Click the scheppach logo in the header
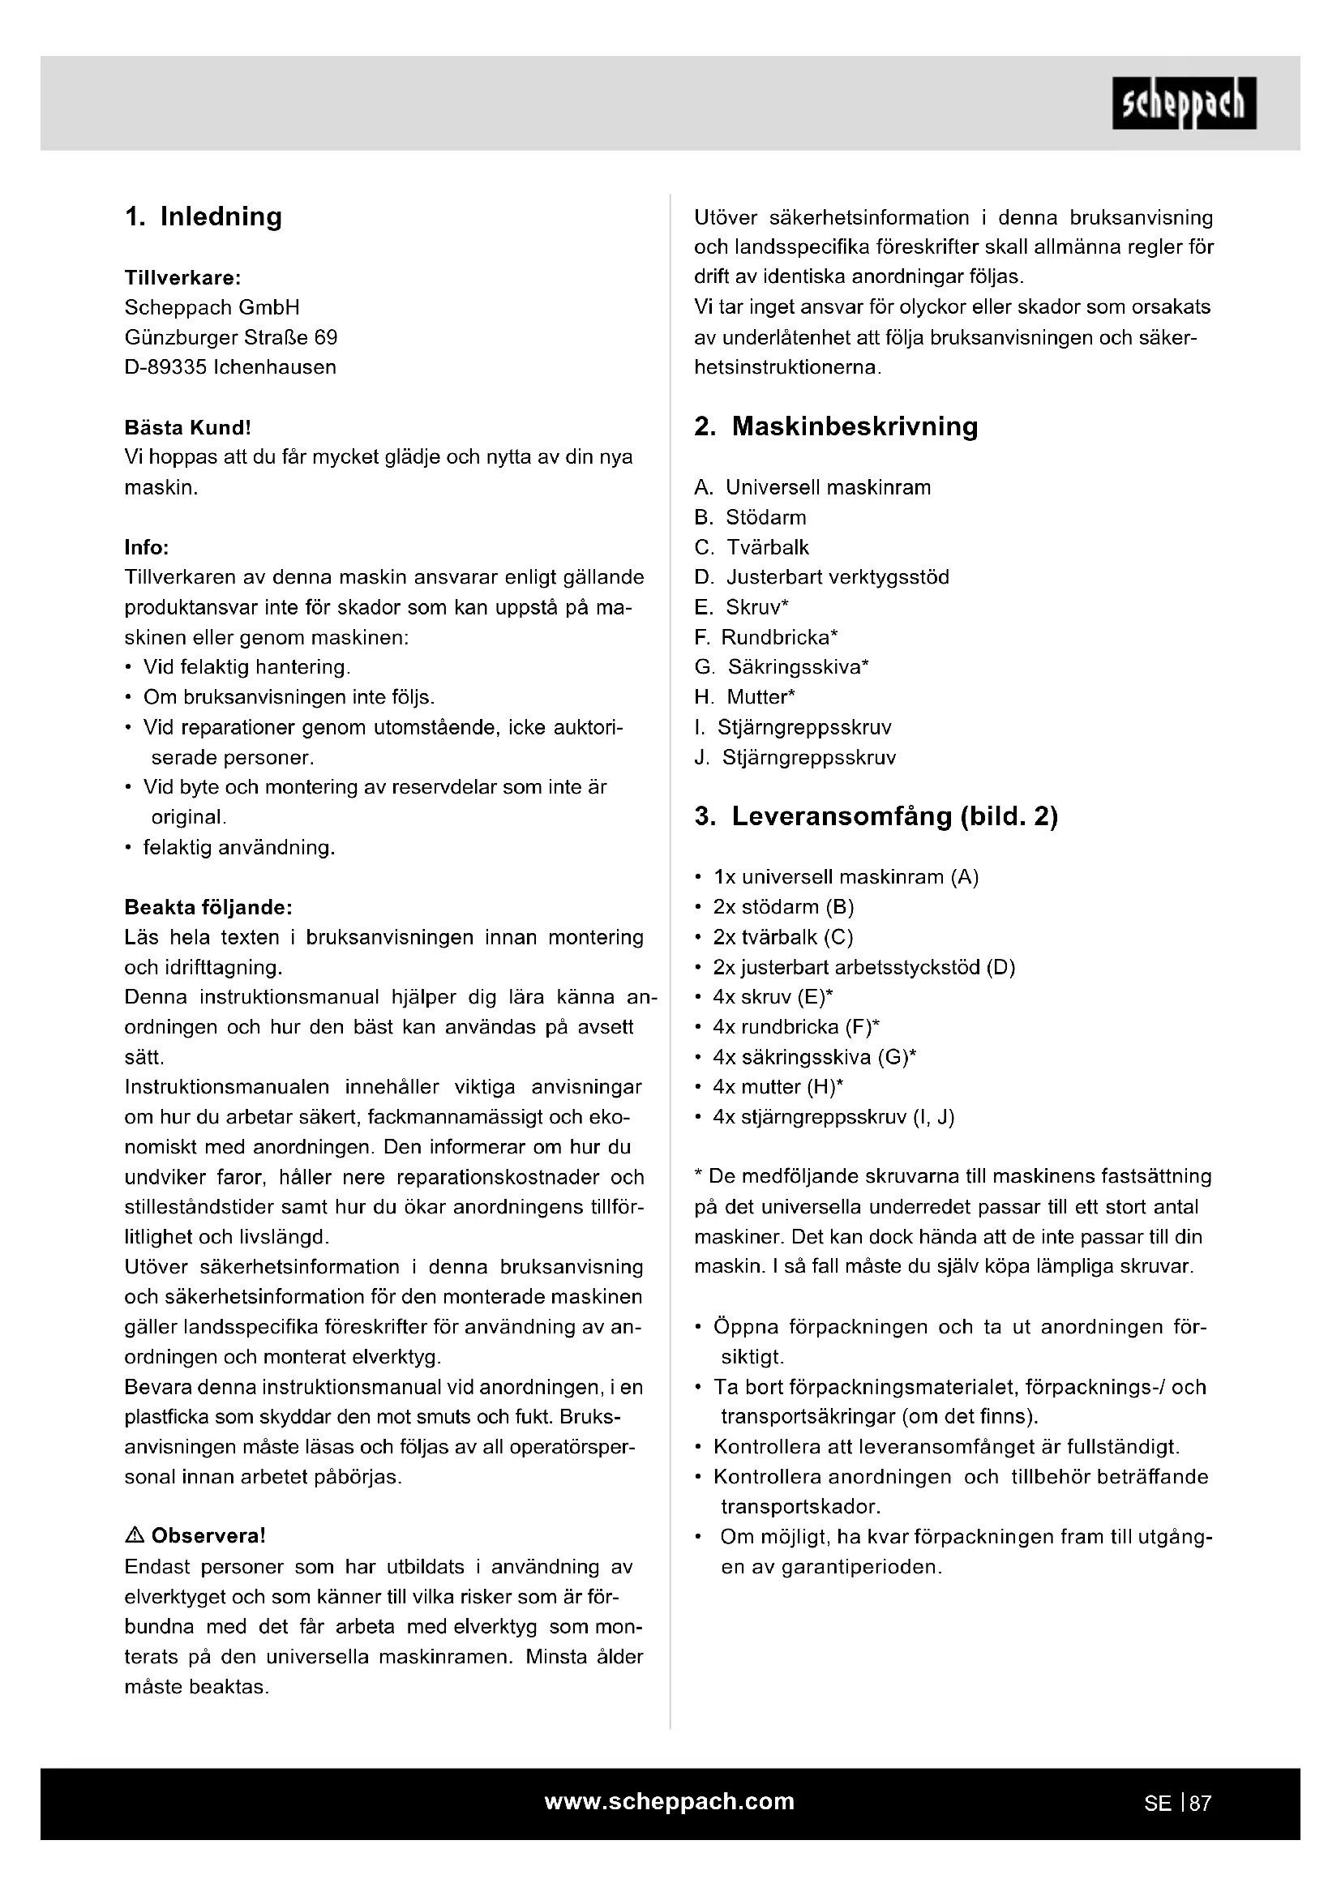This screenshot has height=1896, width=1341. click(x=1183, y=103)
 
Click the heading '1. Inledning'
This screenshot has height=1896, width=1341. click(x=204, y=216)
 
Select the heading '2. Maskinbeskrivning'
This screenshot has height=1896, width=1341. click(x=836, y=426)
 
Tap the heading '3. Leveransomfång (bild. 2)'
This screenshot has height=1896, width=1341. click(x=876, y=816)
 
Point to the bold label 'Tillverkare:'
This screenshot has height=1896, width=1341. click(x=182, y=277)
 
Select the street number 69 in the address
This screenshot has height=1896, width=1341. click(x=325, y=338)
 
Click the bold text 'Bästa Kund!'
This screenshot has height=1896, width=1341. click(x=187, y=428)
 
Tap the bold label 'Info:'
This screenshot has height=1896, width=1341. click(x=146, y=547)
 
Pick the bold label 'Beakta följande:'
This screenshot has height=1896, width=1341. click(x=208, y=908)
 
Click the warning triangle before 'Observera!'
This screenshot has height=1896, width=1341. click(x=134, y=1536)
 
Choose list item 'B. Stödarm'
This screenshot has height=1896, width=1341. click(x=750, y=518)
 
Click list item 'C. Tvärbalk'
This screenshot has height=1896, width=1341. click(x=752, y=547)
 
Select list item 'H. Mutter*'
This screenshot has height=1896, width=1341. click(x=745, y=697)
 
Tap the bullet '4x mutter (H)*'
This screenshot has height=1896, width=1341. click(x=777, y=1087)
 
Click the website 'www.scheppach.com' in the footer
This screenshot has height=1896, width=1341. click(x=670, y=1801)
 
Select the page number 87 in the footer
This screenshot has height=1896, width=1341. click(x=1200, y=1804)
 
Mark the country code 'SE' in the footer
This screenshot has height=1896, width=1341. click(x=1157, y=1804)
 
